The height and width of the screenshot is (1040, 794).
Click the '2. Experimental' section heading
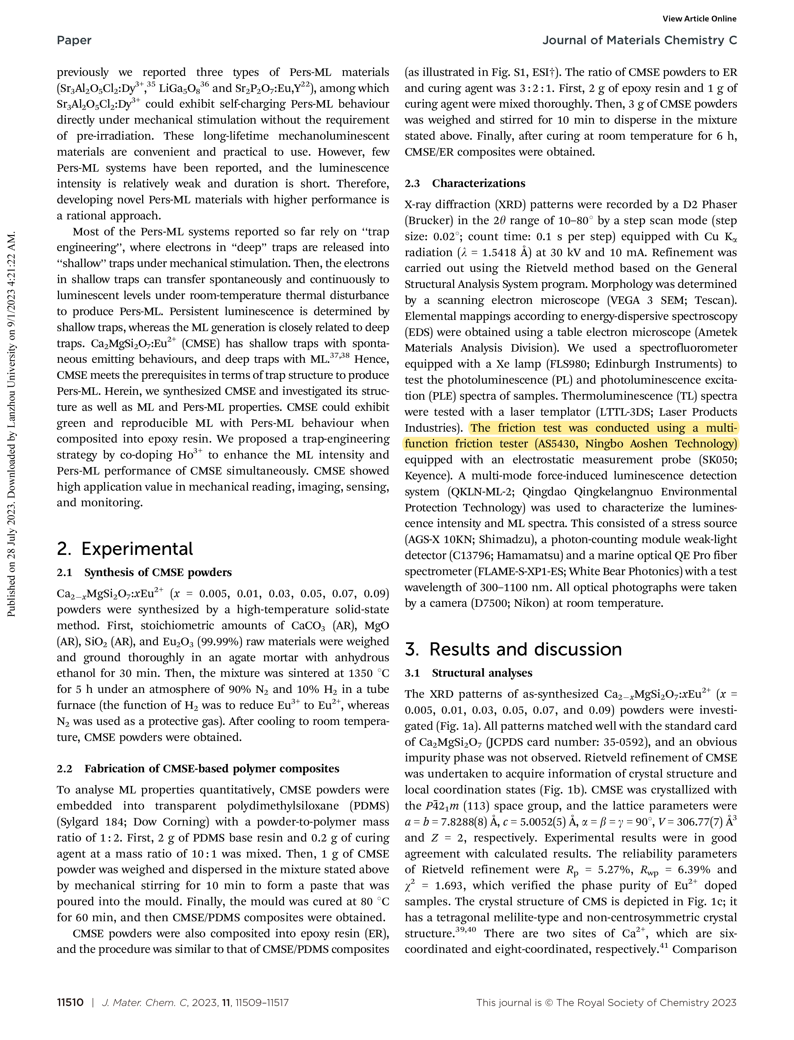pos(125,549)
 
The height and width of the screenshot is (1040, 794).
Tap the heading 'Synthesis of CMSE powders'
pos(158,573)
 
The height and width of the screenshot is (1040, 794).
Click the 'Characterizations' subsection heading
pos(478,183)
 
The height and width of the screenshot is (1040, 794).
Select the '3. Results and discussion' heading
pos(513,650)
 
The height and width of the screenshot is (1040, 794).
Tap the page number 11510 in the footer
pos(70,1003)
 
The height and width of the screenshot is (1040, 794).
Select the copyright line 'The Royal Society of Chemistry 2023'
pos(646,1003)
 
